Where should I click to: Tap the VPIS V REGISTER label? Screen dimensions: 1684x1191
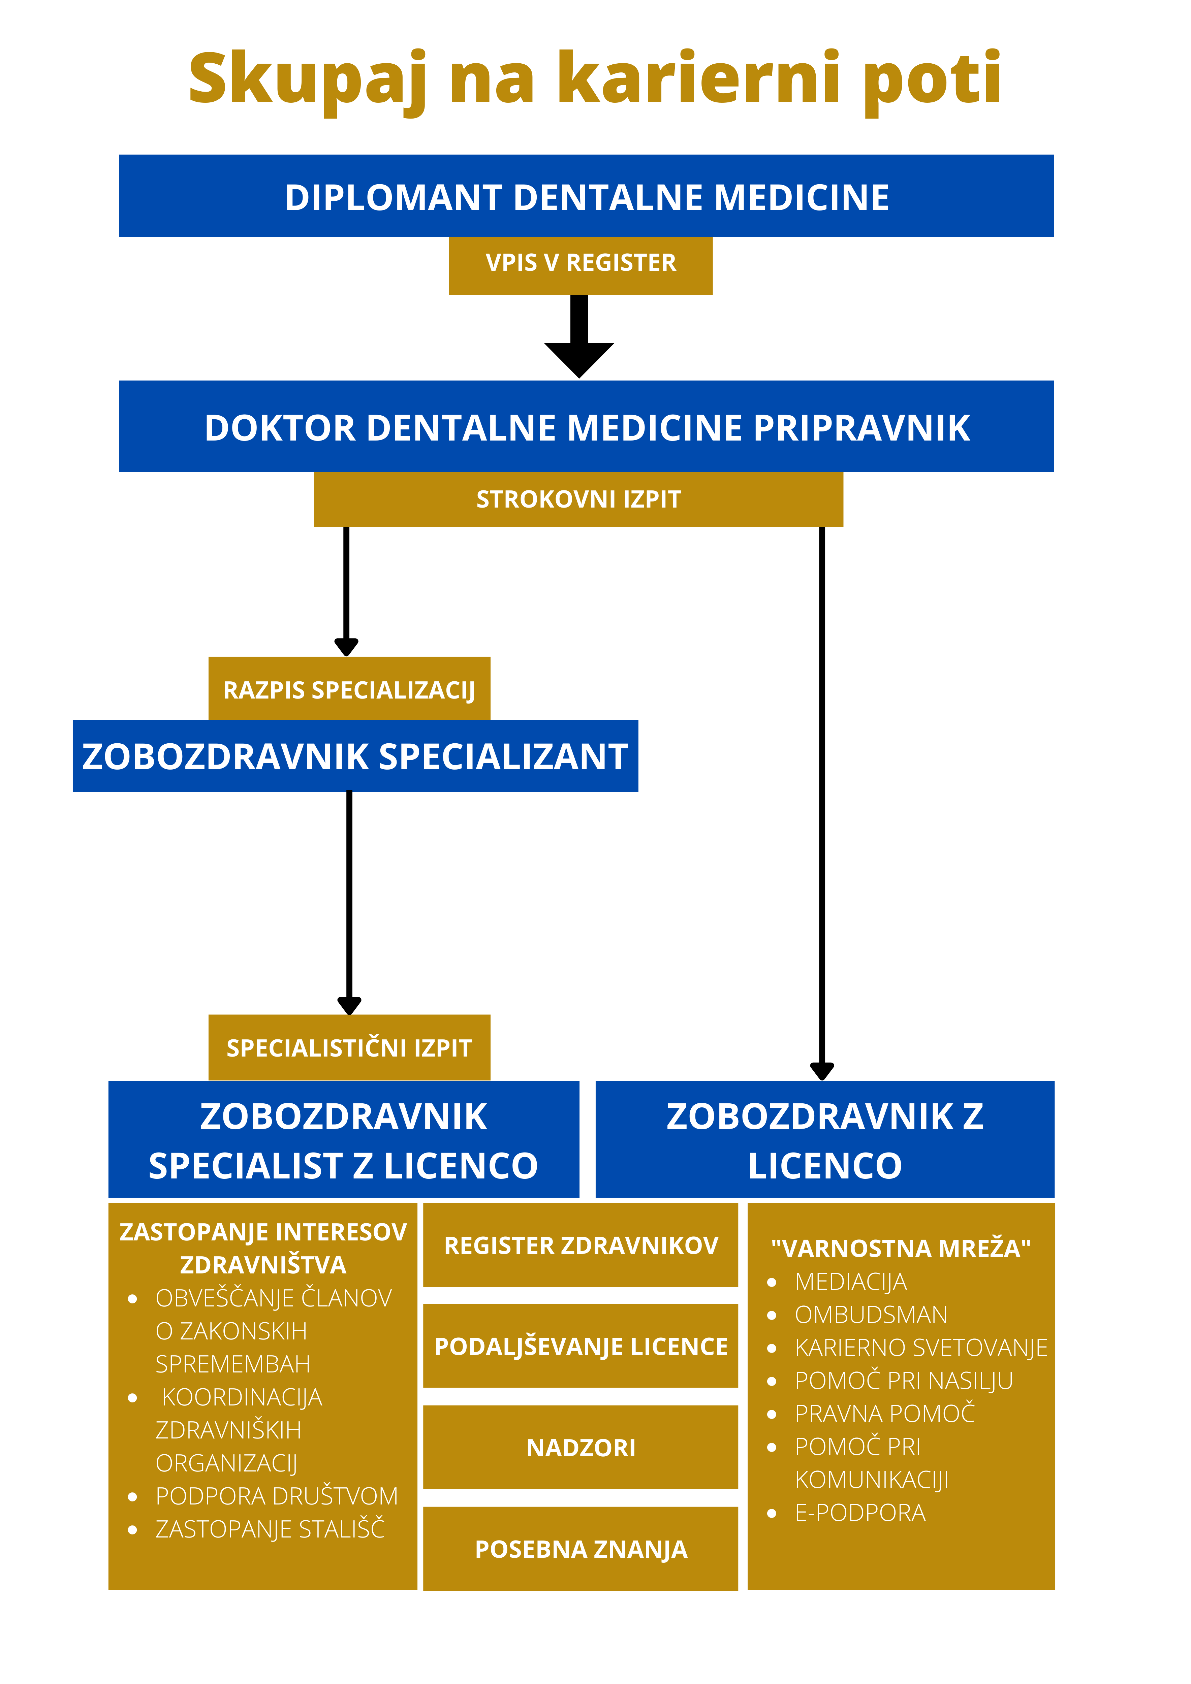(581, 263)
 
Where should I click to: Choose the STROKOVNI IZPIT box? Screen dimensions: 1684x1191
(578, 499)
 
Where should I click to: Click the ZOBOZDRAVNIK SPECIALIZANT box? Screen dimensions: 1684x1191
(355, 756)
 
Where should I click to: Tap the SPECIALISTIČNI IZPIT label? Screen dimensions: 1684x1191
(349, 1048)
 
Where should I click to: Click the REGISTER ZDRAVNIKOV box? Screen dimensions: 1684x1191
(581, 1245)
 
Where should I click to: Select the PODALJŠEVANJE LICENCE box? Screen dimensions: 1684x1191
(581, 1347)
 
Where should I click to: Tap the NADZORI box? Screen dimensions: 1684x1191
(581, 1448)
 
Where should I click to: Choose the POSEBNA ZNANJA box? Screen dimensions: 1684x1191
(581, 1549)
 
